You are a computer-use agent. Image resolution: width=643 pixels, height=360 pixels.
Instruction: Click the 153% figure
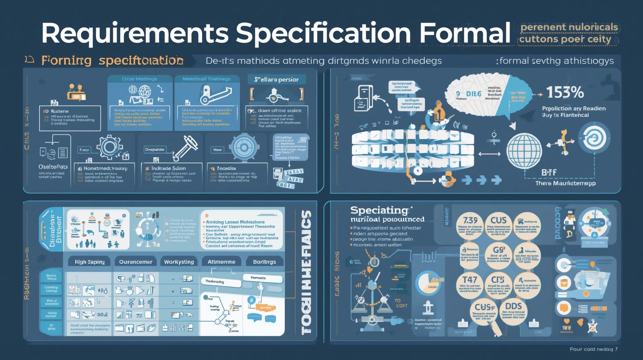[565, 93]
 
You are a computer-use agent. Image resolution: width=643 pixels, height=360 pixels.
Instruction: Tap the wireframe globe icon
[524, 151]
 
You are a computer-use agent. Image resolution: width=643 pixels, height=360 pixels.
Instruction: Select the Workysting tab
[179, 262]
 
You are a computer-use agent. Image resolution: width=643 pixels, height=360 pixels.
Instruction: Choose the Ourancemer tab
[136, 262]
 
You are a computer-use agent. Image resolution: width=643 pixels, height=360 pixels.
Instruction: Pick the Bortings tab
[264, 262]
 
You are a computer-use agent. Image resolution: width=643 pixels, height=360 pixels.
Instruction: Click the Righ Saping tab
[90, 262]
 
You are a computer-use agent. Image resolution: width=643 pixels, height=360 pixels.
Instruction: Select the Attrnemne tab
[221, 262]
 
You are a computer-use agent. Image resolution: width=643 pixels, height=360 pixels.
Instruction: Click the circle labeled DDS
[513, 311]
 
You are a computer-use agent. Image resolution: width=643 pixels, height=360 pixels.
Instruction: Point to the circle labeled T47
[470, 285]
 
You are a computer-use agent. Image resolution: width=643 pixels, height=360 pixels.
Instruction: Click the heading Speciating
[379, 210]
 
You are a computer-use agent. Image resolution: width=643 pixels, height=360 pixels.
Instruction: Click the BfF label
[549, 172]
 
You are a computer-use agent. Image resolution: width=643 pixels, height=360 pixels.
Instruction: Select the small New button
[217, 149]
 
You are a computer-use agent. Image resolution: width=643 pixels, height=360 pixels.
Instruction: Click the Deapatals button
[155, 149]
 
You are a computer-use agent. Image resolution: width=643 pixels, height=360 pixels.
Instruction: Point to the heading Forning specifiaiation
[113, 61]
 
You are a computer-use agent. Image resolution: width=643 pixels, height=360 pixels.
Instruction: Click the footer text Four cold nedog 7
[593, 349]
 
